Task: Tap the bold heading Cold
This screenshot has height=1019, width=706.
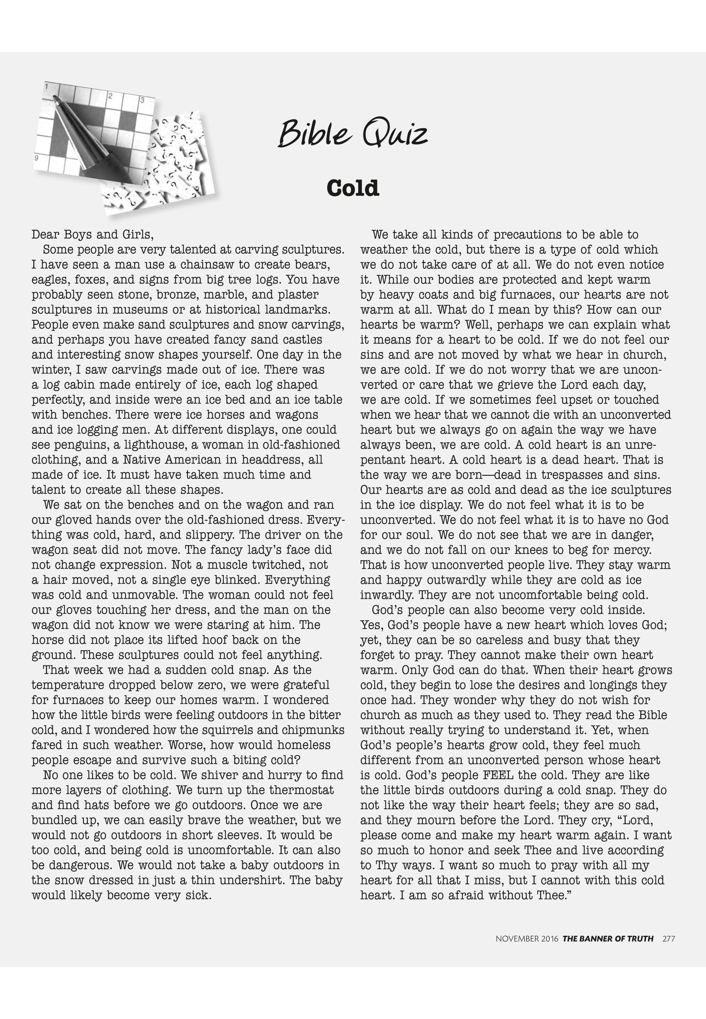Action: pyautogui.click(x=352, y=188)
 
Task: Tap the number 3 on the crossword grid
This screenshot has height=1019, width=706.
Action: pyautogui.click(x=142, y=100)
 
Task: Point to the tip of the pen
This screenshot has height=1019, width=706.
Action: pyautogui.click(x=56, y=97)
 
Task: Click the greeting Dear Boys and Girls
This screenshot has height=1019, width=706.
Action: pyautogui.click(x=93, y=234)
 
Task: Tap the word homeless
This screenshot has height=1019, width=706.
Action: pyautogui.click(x=304, y=745)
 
